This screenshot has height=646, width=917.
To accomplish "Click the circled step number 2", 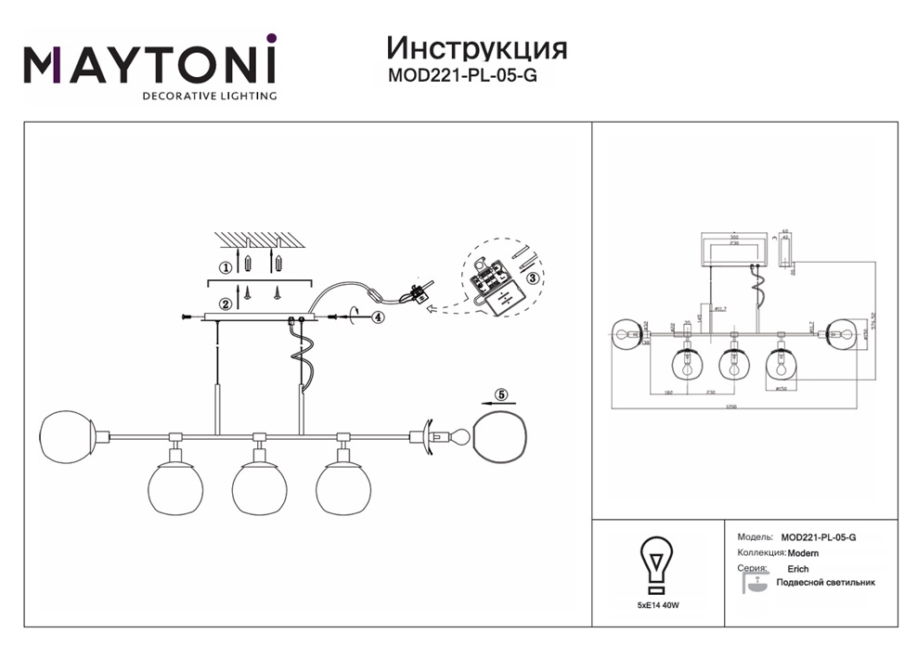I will [224, 304].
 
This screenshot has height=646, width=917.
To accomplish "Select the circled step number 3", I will [532, 277].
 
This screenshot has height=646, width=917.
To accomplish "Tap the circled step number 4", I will [378, 317].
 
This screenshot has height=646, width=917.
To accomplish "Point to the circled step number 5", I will [502, 395].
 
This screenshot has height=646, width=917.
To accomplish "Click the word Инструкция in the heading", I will [475, 47].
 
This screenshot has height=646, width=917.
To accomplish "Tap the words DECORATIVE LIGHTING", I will [208, 96].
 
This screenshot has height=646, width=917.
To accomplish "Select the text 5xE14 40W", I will [658, 604].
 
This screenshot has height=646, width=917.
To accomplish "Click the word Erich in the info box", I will [797, 569].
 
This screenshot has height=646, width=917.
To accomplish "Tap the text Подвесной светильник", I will [825, 583].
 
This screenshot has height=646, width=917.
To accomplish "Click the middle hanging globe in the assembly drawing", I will [259, 488].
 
